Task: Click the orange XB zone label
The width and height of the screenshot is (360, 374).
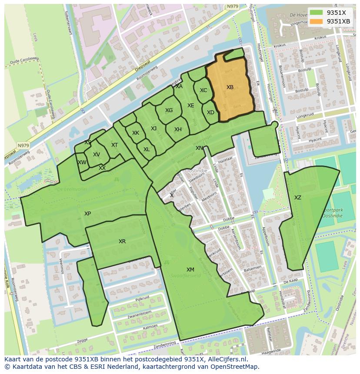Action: click(x=230, y=87)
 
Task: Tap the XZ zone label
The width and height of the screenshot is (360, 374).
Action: click(x=297, y=198)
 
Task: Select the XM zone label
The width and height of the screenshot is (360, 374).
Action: click(x=190, y=270)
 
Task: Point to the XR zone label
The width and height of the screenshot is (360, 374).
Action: click(x=122, y=241)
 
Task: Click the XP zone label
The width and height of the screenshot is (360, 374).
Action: click(x=88, y=214)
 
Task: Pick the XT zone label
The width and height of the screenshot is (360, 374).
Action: click(x=114, y=145)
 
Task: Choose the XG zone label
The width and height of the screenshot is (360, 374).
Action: click(x=169, y=110)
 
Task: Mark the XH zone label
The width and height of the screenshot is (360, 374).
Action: click(x=178, y=129)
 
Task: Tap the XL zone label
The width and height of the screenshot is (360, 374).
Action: click(x=147, y=149)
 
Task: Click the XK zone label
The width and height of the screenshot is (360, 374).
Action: click(x=136, y=133)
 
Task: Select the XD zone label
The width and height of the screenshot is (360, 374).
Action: click(x=210, y=113)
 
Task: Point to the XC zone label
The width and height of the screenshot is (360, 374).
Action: click(x=203, y=90)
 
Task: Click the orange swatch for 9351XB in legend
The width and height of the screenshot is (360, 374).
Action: click(x=316, y=21)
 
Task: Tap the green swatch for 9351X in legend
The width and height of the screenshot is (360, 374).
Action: click(x=316, y=13)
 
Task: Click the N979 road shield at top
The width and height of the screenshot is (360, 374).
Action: click(x=233, y=7)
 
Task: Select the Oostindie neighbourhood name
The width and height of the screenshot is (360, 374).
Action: click(x=196, y=171)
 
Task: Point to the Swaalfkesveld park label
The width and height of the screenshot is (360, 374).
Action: click(x=186, y=276)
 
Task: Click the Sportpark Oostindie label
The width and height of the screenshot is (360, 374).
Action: click(x=333, y=213)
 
